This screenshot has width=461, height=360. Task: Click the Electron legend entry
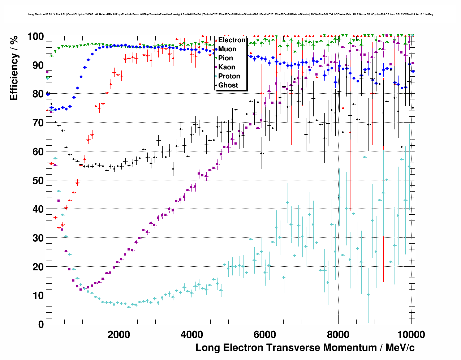pyautogui.click(x=232, y=40)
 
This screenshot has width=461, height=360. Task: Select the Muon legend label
pyautogui.click(x=227, y=49)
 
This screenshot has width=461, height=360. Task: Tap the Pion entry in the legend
pyautogui.click(x=225, y=58)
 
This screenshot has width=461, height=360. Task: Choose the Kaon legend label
pyautogui.click(x=227, y=67)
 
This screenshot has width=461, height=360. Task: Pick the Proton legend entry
pyautogui.click(x=229, y=76)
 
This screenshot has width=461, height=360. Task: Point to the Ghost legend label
pyautogui.click(x=228, y=85)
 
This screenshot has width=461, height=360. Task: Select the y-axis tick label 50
pyautogui.click(x=38, y=180)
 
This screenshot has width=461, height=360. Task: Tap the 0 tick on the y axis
pyautogui.click(x=41, y=324)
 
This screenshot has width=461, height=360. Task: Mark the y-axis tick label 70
pyautogui.click(x=38, y=123)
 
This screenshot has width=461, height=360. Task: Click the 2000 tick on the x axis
pyautogui.click(x=119, y=334)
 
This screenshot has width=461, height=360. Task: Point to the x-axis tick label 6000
pyautogui.click(x=265, y=334)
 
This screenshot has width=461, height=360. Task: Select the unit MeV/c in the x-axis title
pyautogui.click(x=400, y=348)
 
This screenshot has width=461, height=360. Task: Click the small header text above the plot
pyautogui.click(x=230, y=14)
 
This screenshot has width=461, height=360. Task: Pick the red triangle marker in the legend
pyautogui.click(x=216, y=40)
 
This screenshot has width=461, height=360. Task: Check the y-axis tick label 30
pyautogui.click(x=38, y=238)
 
